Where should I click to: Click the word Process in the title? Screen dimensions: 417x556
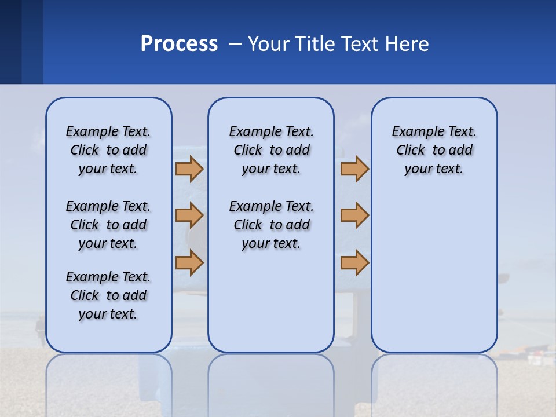coord(179,44)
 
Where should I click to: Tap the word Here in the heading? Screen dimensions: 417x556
coord(408,44)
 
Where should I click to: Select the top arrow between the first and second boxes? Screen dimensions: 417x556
coord(189,169)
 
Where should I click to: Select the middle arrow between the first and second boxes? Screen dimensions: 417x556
coord(189,215)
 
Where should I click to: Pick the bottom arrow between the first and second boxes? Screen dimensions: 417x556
coord(189,262)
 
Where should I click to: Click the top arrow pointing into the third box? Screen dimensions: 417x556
coord(354,169)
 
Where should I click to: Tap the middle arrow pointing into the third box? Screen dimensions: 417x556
coord(354,215)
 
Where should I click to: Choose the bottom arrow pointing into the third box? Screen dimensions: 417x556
coord(354,262)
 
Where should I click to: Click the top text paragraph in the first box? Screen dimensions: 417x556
coord(108,150)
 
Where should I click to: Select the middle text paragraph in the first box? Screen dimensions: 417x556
coord(108,225)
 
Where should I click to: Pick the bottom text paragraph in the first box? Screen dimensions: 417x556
coord(108,295)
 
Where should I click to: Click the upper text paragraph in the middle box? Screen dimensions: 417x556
coord(271,150)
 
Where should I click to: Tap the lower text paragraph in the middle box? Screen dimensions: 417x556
coord(271,225)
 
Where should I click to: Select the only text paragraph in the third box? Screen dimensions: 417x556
coord(434,150)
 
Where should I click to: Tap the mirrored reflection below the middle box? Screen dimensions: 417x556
coord(271,382)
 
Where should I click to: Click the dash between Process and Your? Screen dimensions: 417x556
coord(234,44)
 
